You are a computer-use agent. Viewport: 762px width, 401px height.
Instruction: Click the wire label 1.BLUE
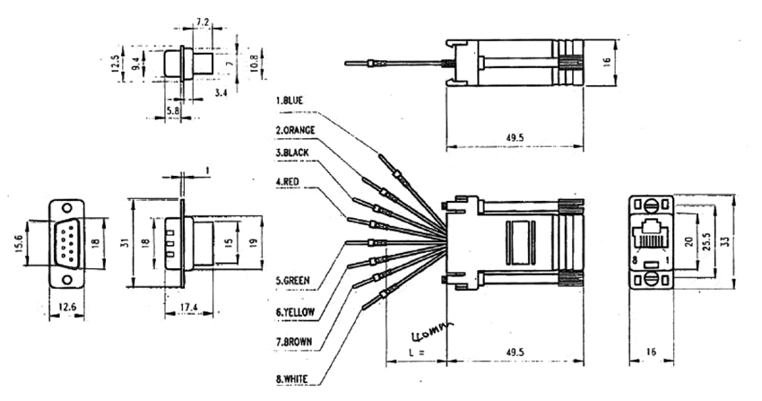[x=295, y=100]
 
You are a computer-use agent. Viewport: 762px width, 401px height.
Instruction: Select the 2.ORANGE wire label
[x=300, y=130]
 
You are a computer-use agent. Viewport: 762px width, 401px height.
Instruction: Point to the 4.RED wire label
[x=290, y=182]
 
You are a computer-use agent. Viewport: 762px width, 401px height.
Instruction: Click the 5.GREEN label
[x=293, y=281]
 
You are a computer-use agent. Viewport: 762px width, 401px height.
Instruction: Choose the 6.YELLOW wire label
[x=297, y=311]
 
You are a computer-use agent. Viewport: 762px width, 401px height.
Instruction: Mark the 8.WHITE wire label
[x=294, y=379]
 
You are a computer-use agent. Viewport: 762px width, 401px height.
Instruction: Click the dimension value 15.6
[x=17, y=242]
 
